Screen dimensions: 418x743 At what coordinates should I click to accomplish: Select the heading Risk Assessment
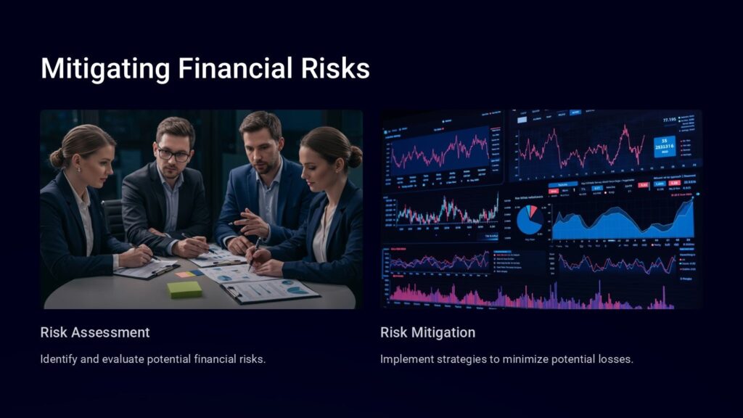95,332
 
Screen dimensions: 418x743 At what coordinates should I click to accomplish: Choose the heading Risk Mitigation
427,332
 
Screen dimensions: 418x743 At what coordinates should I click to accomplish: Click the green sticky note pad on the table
184,289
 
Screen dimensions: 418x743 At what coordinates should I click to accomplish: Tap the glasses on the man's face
173,153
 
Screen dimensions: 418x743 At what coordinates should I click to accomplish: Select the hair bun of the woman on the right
355,155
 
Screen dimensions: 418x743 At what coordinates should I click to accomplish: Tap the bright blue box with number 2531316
664,146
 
